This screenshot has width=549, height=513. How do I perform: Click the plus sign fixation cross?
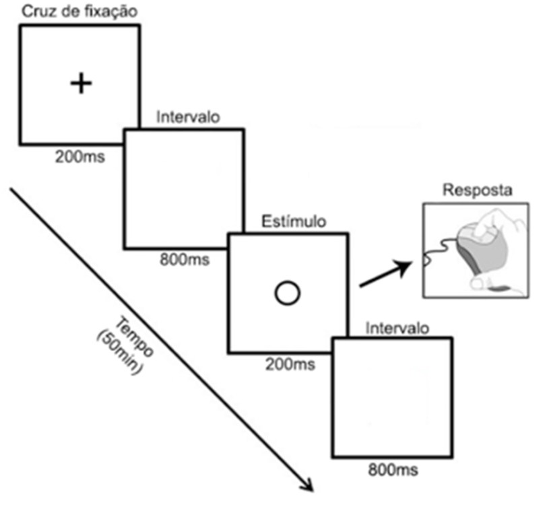click(x=81, y=83)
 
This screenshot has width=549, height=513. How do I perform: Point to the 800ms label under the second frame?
click(x=184, y=259)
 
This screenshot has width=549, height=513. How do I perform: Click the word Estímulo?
click(x=294, y=221)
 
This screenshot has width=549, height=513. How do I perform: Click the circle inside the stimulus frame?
click(x=288, y=292)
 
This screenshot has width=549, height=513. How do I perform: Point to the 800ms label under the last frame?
click(x=393, y=469)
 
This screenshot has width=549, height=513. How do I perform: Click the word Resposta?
click(x=476, y=191)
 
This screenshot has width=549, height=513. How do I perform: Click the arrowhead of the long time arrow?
click(x=307, y=486)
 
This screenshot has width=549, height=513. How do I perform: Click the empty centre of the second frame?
click(x=183, y=189)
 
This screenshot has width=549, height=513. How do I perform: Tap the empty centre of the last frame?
click(x=392, y=397)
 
